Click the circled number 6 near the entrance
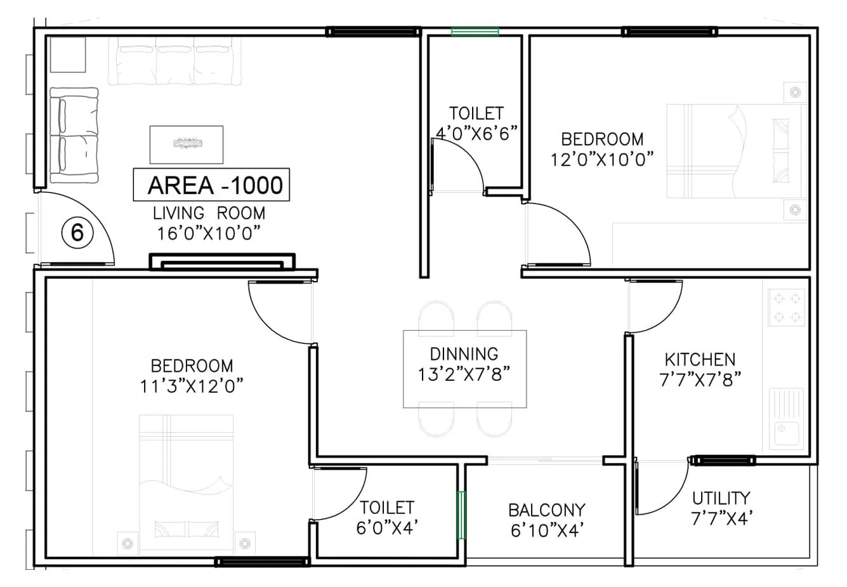click(77, 234)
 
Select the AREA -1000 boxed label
click(211, 185)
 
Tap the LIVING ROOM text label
click(209, 213)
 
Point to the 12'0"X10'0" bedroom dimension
click(602, 159)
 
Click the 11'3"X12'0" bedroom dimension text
click(192, 385)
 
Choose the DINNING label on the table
click(464, 353)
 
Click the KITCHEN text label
click(700, 359)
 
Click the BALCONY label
click(546, 510)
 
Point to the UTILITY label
click(721, 498)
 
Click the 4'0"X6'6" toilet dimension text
click(476, 133)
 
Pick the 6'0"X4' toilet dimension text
click(386, 527)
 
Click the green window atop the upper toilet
click(475, 31)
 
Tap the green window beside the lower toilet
click(462, 515)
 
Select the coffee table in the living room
click(187, 144)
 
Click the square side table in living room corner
click(67, 54)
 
